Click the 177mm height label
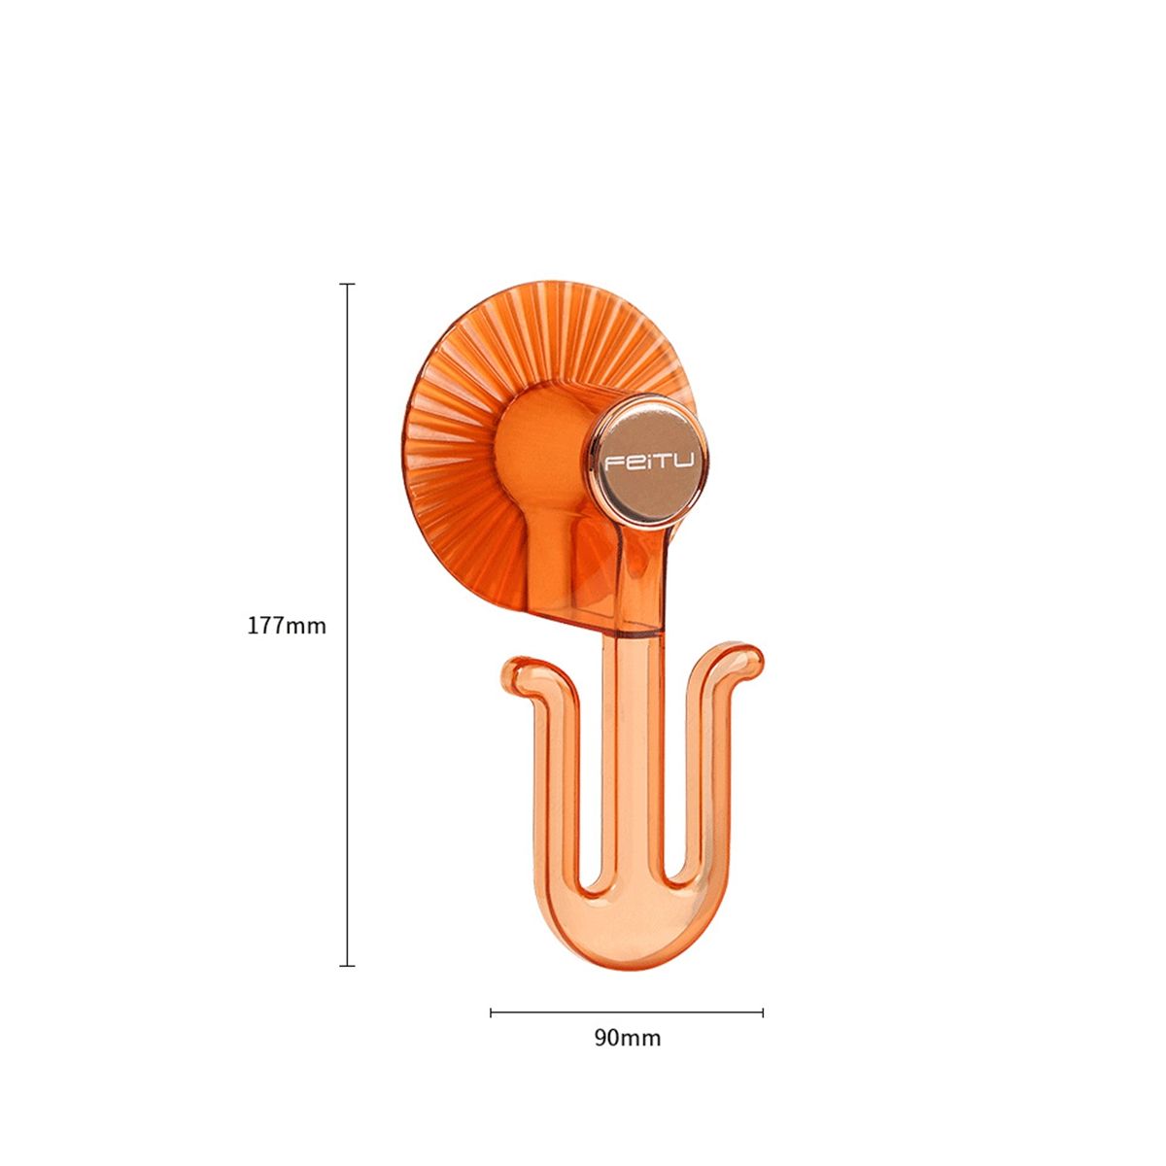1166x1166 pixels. coord(287,625)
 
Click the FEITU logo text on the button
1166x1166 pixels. coord(649,463)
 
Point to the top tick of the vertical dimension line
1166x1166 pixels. coord(347,283)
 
